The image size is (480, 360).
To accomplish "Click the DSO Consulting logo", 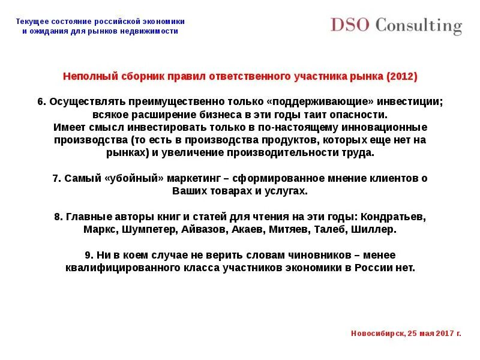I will pos(396,25).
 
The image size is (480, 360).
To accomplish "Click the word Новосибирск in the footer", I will pos(376,332).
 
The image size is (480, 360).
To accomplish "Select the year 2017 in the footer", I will pos(445,332).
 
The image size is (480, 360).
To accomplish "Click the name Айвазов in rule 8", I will pos(207,229).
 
